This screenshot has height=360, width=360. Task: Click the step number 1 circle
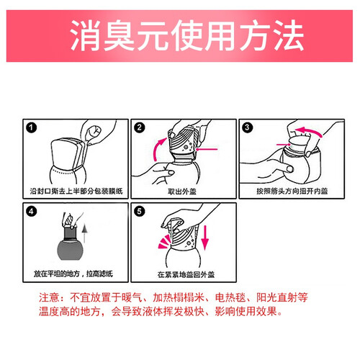click(x=32, y=127)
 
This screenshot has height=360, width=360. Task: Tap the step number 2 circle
click(x=140, y=127)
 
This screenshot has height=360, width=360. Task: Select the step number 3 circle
click(x=248, y=127)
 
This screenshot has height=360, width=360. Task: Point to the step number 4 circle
click(x=32, y=212)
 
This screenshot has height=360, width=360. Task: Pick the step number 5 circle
click(x=140, y=212)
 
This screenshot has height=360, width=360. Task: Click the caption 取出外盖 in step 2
click(x=182, y=192)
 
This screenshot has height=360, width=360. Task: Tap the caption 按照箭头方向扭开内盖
click(x=292, y=191)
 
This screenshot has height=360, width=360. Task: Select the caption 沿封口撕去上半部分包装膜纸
click(x=76, y=191)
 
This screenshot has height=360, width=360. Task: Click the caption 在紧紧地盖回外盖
click(x=186, y=274)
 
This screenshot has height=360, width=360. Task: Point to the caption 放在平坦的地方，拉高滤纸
click(x=73, y=274)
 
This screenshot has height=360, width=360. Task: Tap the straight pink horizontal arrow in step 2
click(x=207, y=149)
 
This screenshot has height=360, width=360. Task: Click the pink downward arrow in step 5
click(x=204, y=238)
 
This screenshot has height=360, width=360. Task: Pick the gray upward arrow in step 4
click(x=84, y=233)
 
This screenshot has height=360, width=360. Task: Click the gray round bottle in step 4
click(x=70, y=250)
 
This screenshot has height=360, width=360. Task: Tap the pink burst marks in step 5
click(x=164, y=242)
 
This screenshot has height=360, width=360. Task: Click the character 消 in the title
click(x=86, y=35)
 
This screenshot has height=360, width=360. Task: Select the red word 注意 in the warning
click(x=49, y=298)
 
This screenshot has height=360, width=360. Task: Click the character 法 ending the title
click(x=289, y=35)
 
